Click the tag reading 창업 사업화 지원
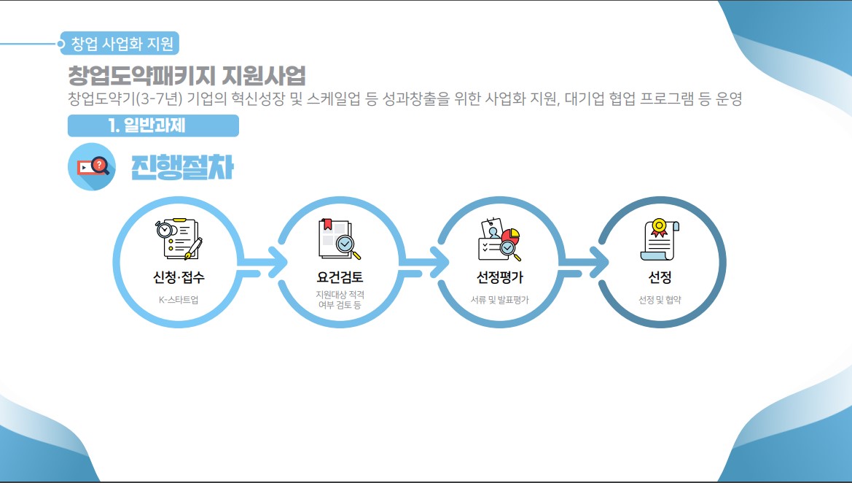pyautogui.click(x=122, y=44)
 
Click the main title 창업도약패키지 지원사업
pyautogui.click(x=186, y=75)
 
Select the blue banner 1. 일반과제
pyautogui.click(x=153, y=125)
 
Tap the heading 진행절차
pyautogui.click(x=182, y=167)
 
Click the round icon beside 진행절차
pyautogui.click(x=92, y=167)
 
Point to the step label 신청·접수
pyautogui.click(x=179, y=277)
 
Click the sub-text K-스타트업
pyautogui.click(x=179, y=300)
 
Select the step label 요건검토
pyautogui.click(x=340, y=277)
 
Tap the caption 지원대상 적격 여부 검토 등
pyautogui.click(x=340, y=299)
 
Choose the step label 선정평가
pyautogui.click(x=499, y=277)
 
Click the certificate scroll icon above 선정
pyautogui.click(x=660, y=239)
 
